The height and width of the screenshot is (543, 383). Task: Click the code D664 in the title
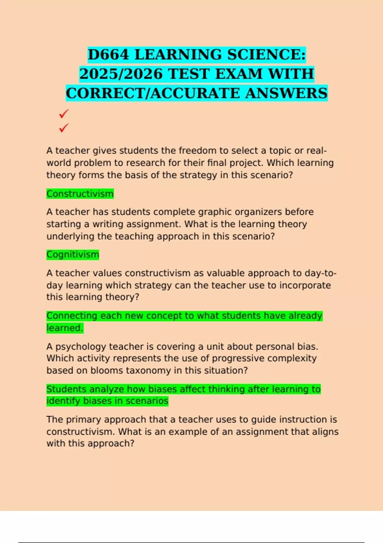point(108,55)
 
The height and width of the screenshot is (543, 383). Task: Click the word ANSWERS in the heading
point(286,93)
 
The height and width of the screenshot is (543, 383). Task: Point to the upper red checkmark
point(64,113)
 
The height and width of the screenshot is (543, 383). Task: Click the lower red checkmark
point(64,128)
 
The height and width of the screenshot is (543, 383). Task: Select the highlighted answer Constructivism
point(80,194)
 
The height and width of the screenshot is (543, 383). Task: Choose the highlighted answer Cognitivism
point(73,255)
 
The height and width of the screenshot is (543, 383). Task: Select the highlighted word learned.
point(65,328)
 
